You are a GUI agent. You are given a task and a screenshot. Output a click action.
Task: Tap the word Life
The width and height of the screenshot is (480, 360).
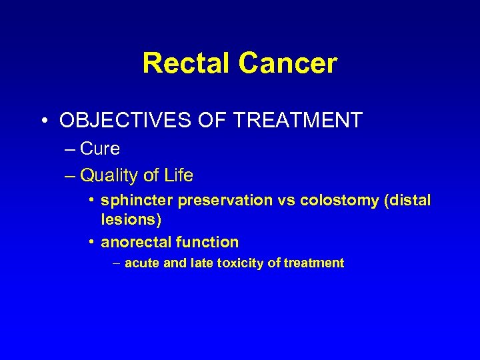178,176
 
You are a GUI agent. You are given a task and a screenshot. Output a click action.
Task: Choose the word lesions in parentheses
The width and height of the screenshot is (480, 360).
131,219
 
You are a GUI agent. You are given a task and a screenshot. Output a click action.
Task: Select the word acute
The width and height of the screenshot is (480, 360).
142,263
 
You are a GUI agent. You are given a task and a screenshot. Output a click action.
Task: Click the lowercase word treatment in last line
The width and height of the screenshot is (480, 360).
313,263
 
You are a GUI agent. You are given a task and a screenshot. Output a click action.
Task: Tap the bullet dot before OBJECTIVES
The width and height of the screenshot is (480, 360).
43,121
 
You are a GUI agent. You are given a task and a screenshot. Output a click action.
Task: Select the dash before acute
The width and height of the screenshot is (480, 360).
117,263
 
